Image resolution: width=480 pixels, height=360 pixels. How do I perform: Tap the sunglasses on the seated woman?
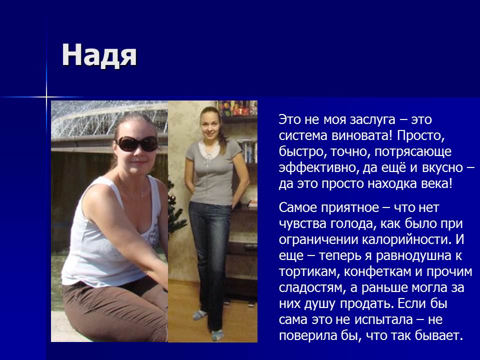coord(137,143)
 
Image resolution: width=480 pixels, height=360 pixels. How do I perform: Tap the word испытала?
coord(384,320)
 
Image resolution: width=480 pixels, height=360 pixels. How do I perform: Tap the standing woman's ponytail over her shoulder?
coord(222,134)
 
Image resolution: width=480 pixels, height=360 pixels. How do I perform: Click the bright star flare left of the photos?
coord(46,97)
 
